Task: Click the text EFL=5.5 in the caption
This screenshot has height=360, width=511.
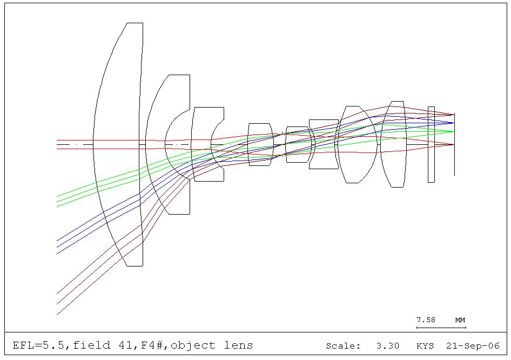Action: click(38, 345)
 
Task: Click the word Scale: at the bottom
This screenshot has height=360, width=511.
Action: click(343, 345)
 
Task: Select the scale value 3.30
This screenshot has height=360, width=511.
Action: click(388, 345)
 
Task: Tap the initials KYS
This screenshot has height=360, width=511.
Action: click(425, 345)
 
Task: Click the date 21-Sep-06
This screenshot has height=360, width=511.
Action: click(473, 345)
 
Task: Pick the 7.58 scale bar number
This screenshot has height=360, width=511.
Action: click(426, 320)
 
